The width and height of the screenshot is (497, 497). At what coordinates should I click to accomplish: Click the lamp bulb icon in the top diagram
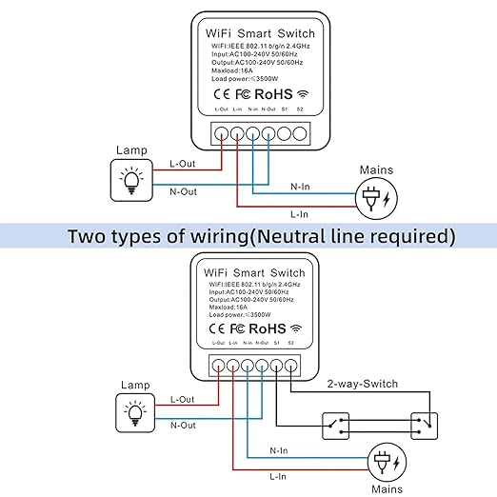tap(131, 180)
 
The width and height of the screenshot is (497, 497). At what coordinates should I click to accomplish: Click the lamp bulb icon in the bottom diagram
tap(135, 413)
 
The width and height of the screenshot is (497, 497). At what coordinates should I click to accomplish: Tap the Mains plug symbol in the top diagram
tap(376, 198)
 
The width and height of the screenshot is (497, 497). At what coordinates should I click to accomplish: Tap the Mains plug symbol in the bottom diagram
tap(387, 462)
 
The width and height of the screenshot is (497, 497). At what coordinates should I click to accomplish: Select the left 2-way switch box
tap(335, 426)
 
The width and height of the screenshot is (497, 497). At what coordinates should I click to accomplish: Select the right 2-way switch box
tap(424, 426)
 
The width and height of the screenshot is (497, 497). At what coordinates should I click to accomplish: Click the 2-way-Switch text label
tap(363, 384)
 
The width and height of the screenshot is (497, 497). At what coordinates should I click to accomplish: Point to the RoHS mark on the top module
tap(273, 94)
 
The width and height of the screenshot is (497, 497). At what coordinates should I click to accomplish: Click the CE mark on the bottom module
tap(217, 328)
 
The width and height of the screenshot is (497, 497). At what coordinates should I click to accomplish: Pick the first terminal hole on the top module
tap(221, 133)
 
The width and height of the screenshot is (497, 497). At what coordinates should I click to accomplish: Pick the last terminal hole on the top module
tap(300, 133)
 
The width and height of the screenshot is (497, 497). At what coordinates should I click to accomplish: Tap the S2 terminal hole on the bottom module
tap(290, 366)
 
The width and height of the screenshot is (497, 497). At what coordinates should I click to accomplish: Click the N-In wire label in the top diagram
tap(300, 187)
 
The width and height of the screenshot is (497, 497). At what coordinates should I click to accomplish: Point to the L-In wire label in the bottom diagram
tap(278, 476)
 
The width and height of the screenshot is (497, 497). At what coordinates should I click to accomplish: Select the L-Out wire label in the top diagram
tap(183, 164)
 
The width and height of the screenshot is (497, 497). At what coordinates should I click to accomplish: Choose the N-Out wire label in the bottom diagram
tap(183, 426)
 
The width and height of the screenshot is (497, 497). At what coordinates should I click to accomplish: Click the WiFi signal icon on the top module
tap(303, 94)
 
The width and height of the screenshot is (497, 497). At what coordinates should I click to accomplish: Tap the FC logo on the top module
tap(243, 94)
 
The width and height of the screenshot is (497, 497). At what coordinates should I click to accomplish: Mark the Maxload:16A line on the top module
tap(232, 70)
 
